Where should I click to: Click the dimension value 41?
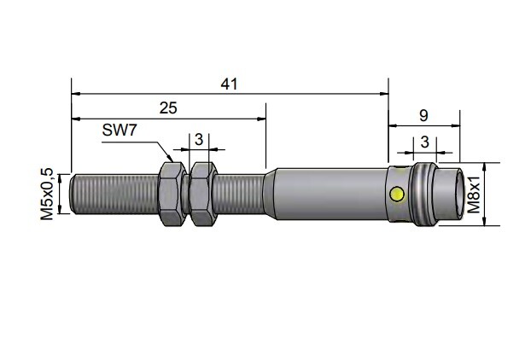point(229,84)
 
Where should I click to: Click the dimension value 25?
point(169,107)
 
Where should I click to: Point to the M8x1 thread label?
point(474,195)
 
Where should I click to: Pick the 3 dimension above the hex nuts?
point(198,138)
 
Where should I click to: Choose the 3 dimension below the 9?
point(423,142)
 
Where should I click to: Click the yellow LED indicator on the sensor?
point(396,195)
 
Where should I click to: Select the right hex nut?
point(201,195)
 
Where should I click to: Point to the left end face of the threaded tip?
point(73,195)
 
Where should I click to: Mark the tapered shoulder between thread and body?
point(271,195)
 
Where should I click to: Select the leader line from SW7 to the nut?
point(154,148)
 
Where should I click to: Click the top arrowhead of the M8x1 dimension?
point(486,167)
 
